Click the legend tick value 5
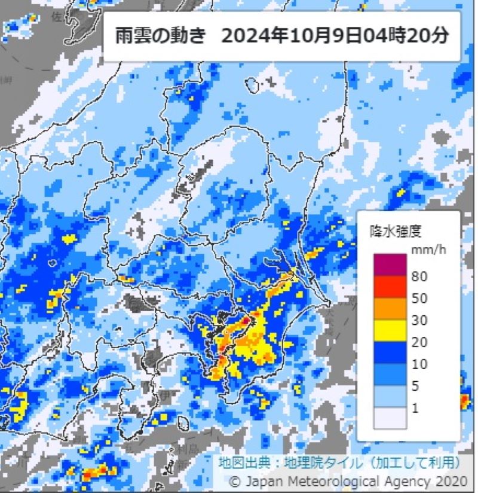416,387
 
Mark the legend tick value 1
416,409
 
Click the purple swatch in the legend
390,264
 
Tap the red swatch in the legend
390,287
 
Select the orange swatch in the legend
390,309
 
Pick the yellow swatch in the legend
390,331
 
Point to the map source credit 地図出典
238,462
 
